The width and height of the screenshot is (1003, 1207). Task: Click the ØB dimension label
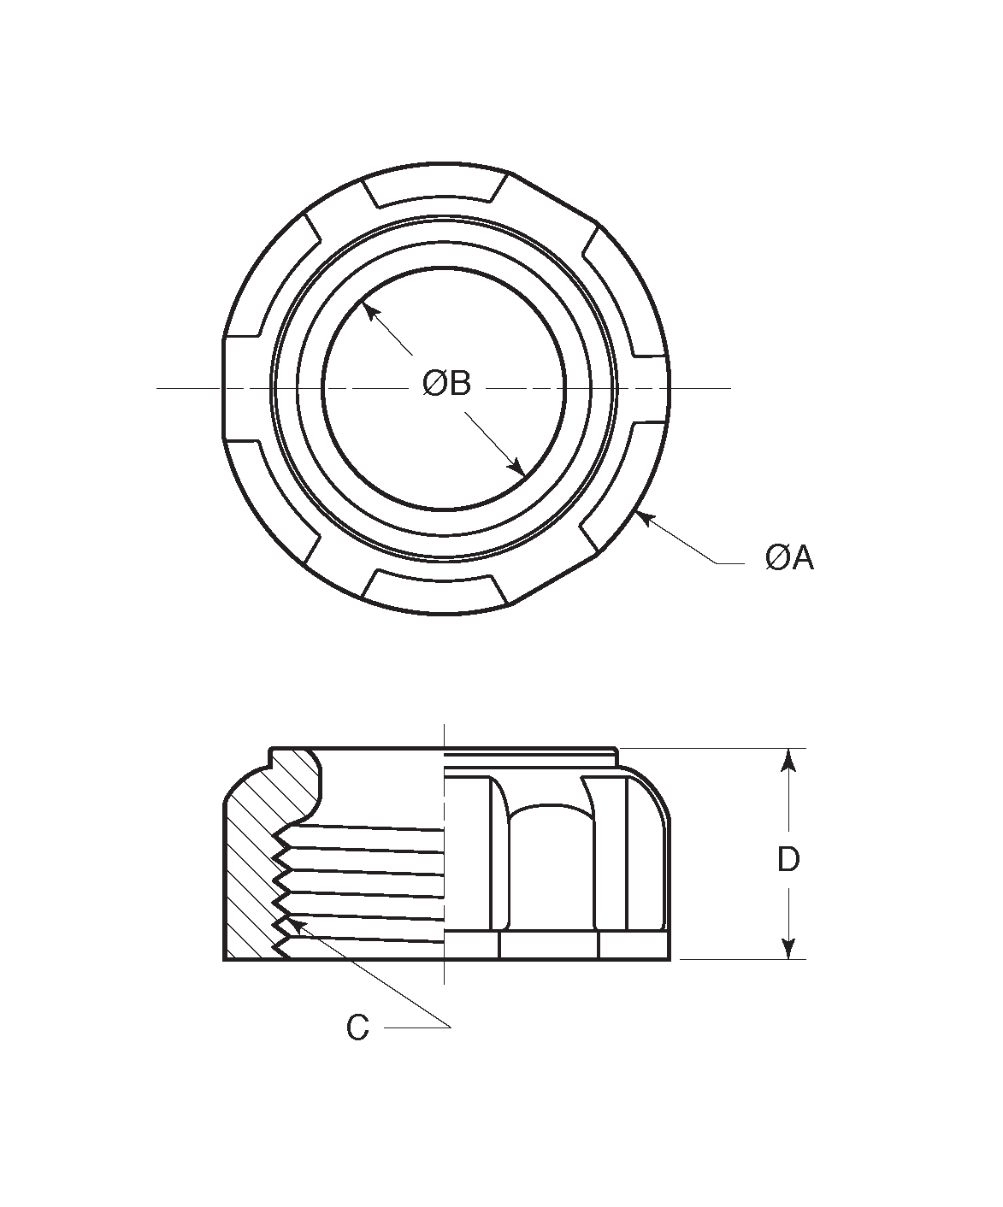[446, 385]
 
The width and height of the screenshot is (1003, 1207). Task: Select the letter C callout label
[357, 1028]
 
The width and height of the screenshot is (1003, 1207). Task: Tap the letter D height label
[788, 860]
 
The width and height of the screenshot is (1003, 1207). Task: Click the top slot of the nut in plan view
[436, 190]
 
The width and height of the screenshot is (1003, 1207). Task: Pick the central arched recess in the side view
[547, 863]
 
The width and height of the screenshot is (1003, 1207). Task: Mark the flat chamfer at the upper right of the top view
[556, 199]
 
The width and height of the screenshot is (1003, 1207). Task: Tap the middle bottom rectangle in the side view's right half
[548, 945]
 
